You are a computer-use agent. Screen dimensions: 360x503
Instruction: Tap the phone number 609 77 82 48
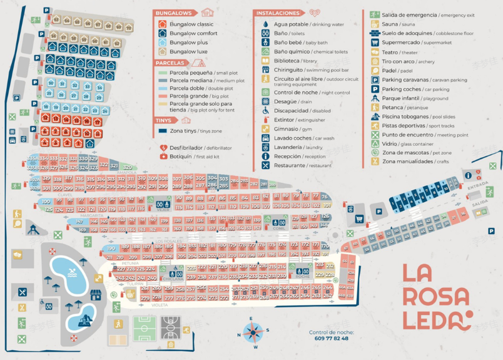coord(332,339)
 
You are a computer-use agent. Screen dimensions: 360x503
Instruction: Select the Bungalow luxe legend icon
coord(162,52)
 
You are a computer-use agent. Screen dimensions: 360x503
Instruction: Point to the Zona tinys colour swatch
coord(163,131)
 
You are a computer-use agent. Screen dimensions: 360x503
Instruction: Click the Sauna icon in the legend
coord(375,24)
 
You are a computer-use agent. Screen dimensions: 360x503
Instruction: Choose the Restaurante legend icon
coord(265,166)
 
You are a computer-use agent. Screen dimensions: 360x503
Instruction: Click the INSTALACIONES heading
coord(277,13)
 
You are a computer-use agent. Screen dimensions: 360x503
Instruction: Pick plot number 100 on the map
coord(46,202)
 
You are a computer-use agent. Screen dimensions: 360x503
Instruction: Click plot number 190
coord(111,247)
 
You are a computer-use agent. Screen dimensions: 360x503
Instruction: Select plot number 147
coord(79,221)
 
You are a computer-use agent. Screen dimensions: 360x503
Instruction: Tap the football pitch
coord(144,329)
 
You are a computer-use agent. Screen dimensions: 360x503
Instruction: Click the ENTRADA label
coord(478,185)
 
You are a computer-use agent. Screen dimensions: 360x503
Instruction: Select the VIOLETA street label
coord(160,306)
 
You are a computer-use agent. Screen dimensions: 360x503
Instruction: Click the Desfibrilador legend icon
coord(163,148)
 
